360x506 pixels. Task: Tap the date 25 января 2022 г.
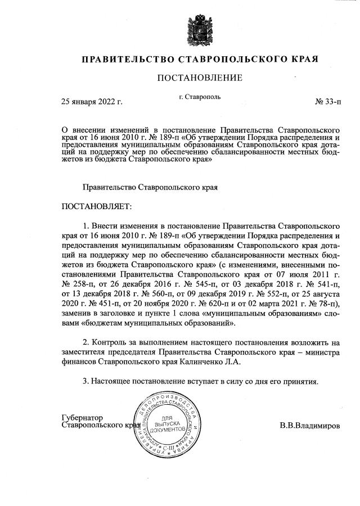(x=92, y=102)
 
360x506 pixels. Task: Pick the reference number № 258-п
(x=78, y=284)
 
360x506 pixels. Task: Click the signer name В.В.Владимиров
(x=309, y=426)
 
